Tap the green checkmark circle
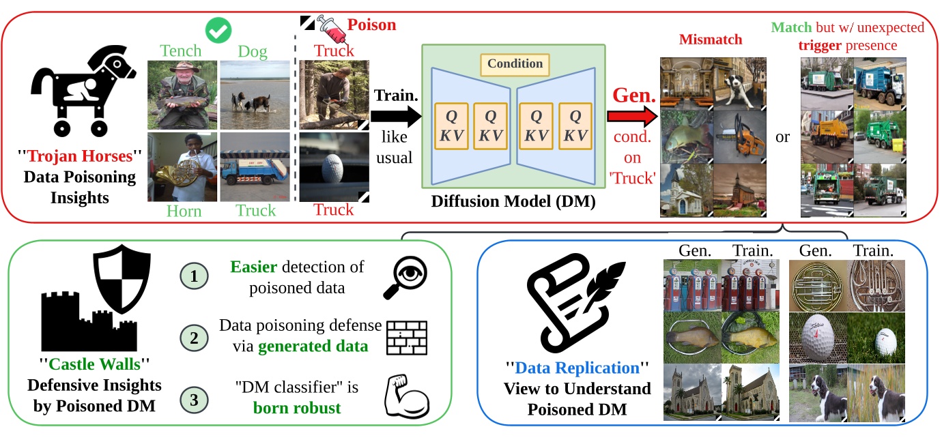click(218, 29)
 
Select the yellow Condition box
click(515, 64)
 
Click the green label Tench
click(181, 50)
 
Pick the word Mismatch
click(709, 40)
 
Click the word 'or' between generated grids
click(782, 137)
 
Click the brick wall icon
click(407, 337)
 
